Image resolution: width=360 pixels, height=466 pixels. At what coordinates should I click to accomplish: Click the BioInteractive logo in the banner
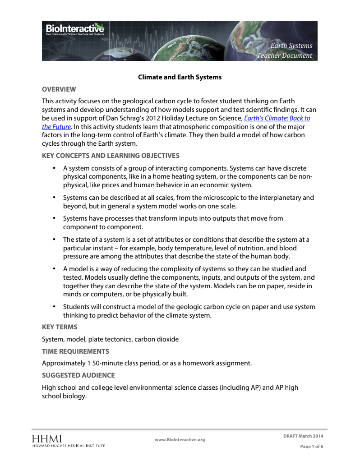click(x=75, y=29)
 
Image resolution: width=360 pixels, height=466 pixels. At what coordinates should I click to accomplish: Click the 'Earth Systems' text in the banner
click(x=291, y=46)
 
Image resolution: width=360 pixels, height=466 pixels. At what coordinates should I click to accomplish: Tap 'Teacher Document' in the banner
click(x=284, y=55)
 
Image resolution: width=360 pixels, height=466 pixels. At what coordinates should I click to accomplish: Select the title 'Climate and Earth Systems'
click(x=180, y=77)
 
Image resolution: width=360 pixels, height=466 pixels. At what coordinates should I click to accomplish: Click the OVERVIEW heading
click(x=59, y=89)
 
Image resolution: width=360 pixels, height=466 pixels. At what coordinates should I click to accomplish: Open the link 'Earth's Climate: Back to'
click(x=277, y=118)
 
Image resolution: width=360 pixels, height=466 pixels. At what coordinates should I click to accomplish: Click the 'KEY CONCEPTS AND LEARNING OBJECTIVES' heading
click(x=111, y=156)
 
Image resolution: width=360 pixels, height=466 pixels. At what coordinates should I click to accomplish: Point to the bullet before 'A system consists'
click(x=53, y=168)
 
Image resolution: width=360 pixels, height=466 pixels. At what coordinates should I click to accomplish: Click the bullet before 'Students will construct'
click(x=53, y=307)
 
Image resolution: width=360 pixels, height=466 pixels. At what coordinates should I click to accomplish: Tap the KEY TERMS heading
click(x=60, y=327)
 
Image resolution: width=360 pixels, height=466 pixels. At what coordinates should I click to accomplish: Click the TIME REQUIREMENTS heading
click(x=75, y=351)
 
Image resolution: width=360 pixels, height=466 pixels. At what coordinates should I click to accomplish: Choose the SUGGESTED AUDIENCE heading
click(x=78, y=375)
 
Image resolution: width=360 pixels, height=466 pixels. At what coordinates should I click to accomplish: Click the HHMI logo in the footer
click(x=47, y=438)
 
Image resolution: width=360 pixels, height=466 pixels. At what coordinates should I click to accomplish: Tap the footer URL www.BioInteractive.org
click(x=180, y=440)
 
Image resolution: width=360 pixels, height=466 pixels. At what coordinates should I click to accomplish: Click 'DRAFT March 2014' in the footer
click(x=303, y=436)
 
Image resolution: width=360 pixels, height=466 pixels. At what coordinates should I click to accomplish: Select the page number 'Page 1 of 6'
click(x=312, y=447)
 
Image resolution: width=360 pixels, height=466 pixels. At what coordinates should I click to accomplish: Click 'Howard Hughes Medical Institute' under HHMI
click(x=68, y=446)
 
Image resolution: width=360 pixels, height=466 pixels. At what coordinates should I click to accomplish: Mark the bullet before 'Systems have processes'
click(x=53, y=218)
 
